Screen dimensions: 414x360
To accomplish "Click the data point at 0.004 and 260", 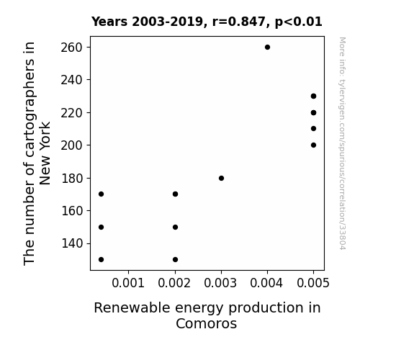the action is (267, 48).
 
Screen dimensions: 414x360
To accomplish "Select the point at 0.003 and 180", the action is (221, 179).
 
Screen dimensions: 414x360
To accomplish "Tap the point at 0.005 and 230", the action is (313, 96).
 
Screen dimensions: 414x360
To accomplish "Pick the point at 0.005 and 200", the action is (313, 145).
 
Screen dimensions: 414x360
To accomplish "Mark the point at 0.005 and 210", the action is (313, 129).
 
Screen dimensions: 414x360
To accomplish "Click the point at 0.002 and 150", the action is (175, 227).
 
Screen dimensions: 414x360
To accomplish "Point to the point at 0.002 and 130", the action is (175, 260).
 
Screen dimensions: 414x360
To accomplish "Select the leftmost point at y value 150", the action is (101, 227).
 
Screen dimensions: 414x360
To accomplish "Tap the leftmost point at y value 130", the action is (101, 260).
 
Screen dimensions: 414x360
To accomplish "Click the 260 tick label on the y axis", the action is (72, 48).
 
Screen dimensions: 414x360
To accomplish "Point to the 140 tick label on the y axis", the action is (72, 243).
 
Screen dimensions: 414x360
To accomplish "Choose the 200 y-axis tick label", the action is (72, 145).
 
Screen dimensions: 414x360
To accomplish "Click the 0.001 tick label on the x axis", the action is (128, 283).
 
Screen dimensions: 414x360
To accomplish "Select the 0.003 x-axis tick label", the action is (220, 283).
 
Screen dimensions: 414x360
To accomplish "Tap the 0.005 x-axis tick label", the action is (313, 283).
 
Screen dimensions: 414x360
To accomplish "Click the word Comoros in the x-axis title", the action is (206, 323).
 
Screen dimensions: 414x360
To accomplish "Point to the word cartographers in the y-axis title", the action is (29, 127).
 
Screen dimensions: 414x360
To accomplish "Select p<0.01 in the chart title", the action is (298, 22).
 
